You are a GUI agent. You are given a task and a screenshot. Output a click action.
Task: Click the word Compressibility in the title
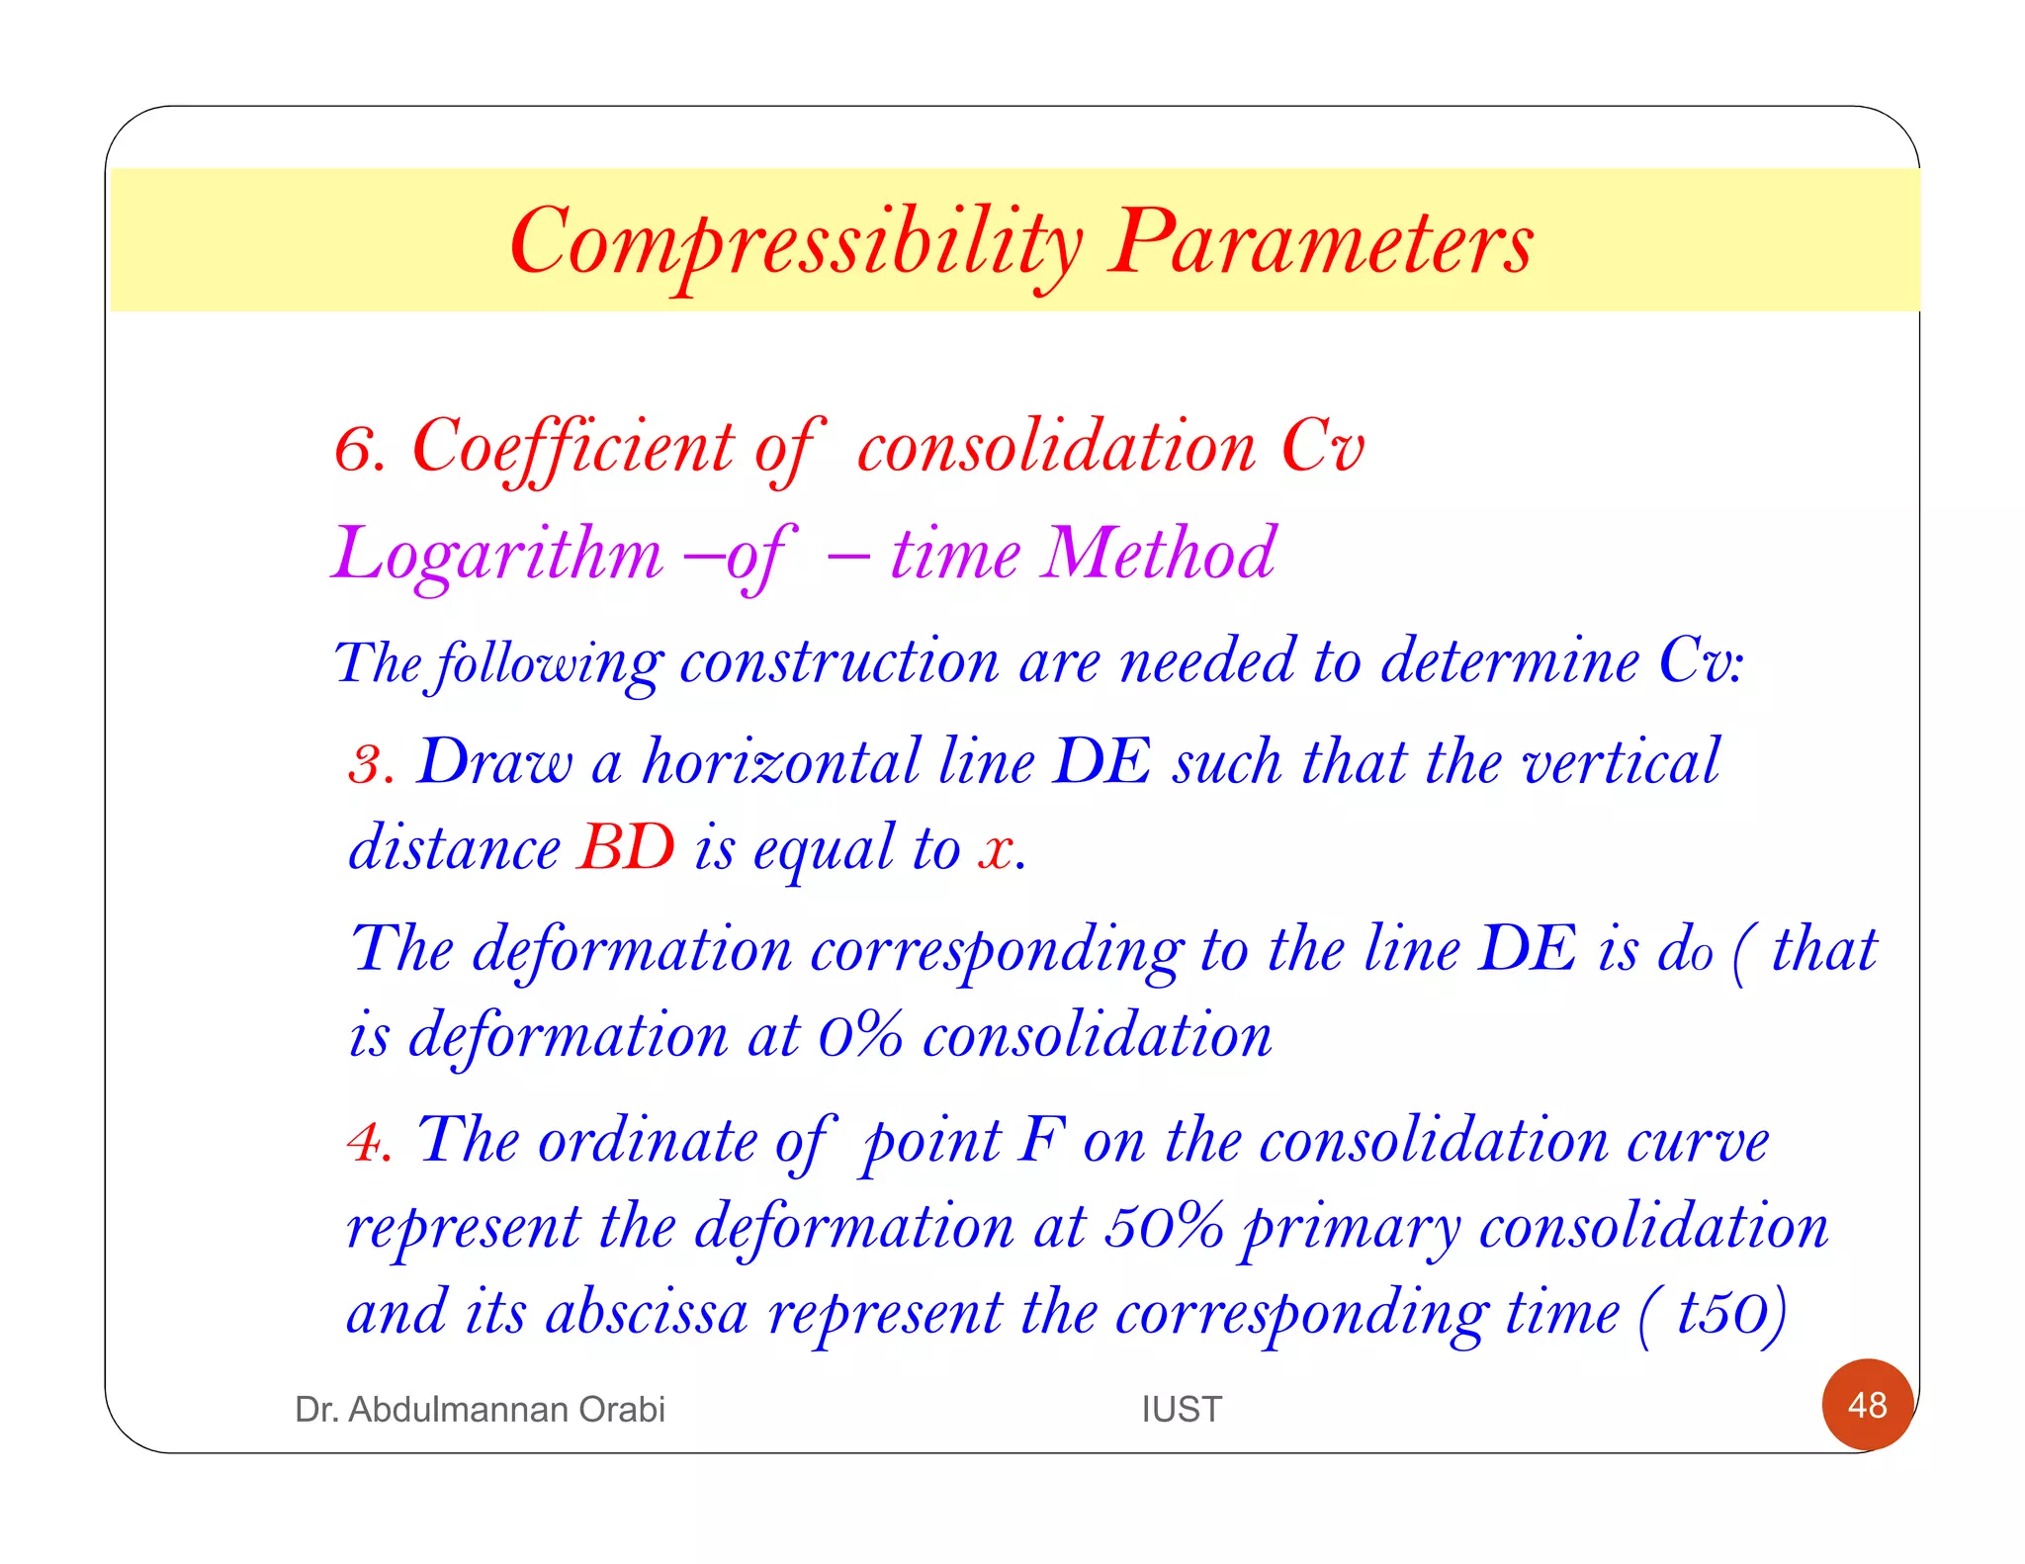pos(796,243)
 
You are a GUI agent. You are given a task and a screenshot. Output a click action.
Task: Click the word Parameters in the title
pos(1320,243)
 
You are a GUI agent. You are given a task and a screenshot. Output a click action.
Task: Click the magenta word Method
pos(1161,554)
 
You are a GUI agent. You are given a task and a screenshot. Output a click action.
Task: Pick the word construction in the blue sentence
pos(839,662)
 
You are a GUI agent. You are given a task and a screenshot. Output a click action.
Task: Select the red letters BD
pos(627,848)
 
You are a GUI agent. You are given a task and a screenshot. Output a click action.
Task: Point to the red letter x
pos(997,850)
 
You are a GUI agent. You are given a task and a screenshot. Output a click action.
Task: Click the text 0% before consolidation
pos(860,1037)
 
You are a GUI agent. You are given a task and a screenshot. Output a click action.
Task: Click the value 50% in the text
pos(1164,1228)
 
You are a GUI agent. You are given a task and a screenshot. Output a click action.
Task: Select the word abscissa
pos(647,1314)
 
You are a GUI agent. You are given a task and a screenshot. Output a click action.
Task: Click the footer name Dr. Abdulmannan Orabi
pos(480,1409)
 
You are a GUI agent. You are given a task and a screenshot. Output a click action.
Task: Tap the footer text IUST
pos(1182,1409)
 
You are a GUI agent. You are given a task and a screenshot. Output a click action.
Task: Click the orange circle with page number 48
pos(1867,1405)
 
